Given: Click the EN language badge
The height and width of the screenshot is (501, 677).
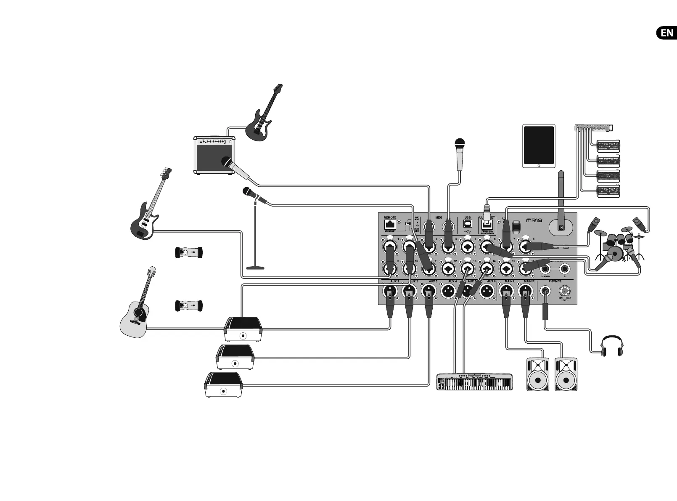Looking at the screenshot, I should [666, 33].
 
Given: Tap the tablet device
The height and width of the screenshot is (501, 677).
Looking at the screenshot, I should [539, 146].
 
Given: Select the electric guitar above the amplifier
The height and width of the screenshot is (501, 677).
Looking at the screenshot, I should [263, 114].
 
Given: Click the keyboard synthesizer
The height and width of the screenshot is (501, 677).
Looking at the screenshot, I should [474, 382].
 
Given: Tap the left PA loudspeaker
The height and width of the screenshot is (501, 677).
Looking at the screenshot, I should [538, 374].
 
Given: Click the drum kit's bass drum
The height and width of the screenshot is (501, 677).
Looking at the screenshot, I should [615, 253].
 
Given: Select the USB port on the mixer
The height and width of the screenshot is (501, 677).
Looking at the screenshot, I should [468, 224].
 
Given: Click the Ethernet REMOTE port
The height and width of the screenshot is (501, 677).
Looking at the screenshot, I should [390, 225].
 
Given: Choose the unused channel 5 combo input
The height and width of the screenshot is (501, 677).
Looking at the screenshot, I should [467, 246].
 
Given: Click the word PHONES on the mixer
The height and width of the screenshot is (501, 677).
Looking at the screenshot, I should [555, 281].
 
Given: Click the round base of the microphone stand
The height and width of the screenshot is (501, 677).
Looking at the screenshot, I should [255, 267].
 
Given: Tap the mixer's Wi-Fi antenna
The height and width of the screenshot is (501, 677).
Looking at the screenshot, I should [561, 198].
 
